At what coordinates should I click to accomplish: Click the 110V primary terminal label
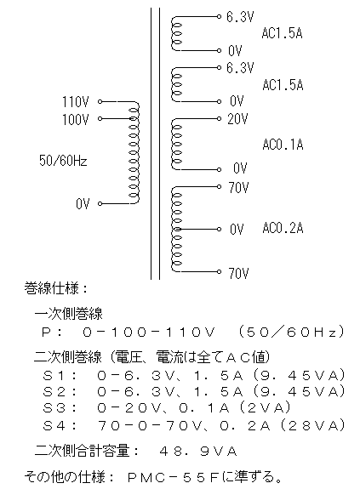coord(75,102)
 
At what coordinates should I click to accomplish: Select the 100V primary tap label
coord(75,119)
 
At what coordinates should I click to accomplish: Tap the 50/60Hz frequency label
coord(63,160)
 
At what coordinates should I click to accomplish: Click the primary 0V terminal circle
coord(100,203)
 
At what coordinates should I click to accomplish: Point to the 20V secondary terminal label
coord(237,119)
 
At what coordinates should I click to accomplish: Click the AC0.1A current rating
coord(283,145)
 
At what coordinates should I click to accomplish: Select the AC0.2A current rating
coord(283,228)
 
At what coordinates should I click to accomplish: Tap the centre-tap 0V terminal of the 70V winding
coord(219,230)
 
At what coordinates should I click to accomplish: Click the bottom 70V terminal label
coord(238,274)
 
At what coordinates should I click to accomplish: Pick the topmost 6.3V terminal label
coord(240,17)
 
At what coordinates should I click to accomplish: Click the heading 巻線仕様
coord(51,288)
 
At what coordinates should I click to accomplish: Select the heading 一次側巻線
coord(68,314)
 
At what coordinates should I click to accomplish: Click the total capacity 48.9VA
coord(198,452)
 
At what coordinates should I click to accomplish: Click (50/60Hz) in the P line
coord(291,333)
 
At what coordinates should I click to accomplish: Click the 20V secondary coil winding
coord(176,144)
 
